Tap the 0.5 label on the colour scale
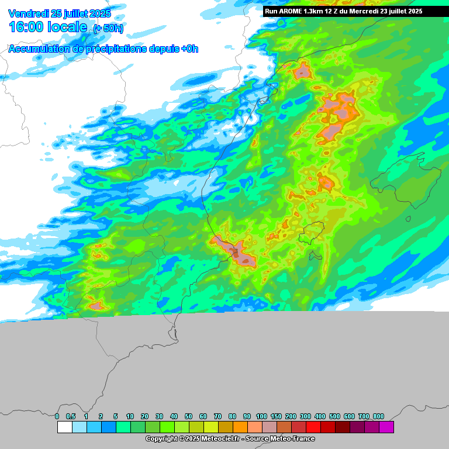click(71, 416)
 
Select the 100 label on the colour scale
click(261, 416)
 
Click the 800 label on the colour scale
click(378, 416)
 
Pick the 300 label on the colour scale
click(305, 416)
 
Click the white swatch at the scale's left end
click(64, 427)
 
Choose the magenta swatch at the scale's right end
click(386, 427)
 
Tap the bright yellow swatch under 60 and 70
click(210, 427)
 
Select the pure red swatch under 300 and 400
click(313, 427)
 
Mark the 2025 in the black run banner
click(412, 11)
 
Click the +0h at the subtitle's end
click(189, 49)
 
